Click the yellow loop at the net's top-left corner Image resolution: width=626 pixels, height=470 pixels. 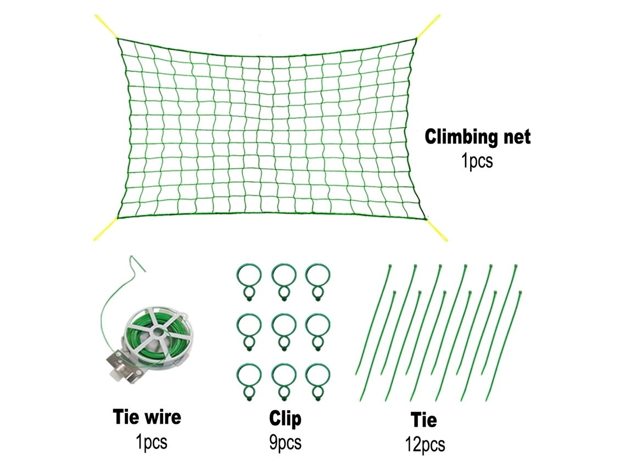tap(106, 27)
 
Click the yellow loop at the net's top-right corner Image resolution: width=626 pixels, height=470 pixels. tap(429, 26)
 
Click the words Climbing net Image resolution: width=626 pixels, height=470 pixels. tap(478, 137)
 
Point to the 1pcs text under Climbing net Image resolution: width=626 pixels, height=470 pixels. tap(477, 161)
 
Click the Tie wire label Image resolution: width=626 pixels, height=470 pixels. tap(147, 417)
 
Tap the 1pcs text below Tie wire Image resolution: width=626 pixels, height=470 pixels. tap(152, 442)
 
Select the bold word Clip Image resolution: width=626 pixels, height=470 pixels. tap(285, 418)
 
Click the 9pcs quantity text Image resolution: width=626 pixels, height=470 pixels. tap(285, 443)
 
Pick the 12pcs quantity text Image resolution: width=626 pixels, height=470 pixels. tap(425, 444)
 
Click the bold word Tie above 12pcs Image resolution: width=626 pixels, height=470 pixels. tap(423, 419)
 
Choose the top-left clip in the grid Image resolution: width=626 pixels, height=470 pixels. tap(249, 276)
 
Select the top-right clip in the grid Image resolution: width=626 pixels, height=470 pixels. tap(318, 276)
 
